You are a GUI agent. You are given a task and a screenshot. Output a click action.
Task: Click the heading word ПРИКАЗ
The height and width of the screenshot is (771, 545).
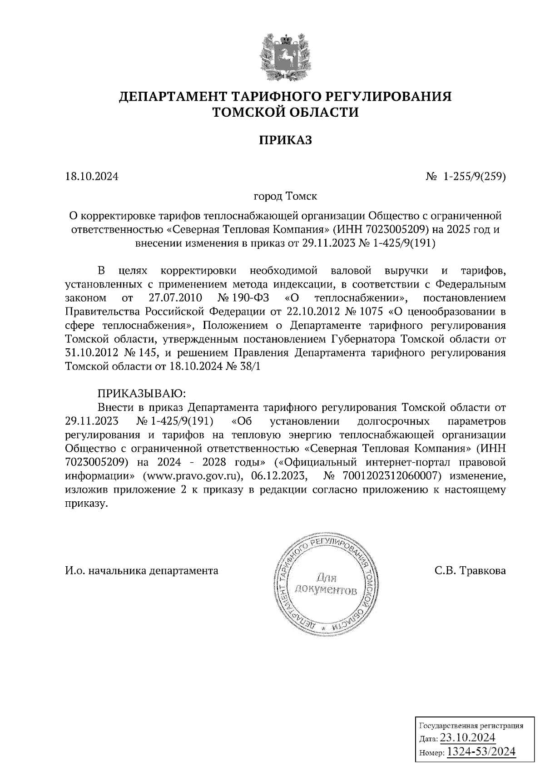(286, 140)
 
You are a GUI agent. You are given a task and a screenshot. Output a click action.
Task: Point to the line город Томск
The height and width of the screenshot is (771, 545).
(285, 197)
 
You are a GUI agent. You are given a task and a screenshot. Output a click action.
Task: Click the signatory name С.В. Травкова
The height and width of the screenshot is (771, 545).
(470, 570)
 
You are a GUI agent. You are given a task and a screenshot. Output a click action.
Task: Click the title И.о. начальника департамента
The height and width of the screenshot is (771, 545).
(142, 570)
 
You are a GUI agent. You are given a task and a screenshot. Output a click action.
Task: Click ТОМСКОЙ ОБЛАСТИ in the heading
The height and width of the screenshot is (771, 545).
(286, 112)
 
